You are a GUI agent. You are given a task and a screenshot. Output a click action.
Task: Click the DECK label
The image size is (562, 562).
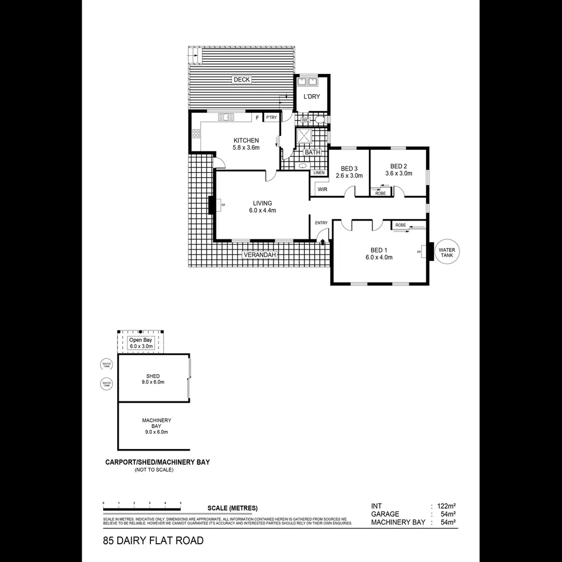coord(241,80)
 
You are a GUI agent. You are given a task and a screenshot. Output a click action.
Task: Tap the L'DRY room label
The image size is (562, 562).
coord(311,97)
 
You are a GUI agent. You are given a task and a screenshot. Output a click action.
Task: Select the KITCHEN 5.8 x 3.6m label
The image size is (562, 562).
coord(246,144)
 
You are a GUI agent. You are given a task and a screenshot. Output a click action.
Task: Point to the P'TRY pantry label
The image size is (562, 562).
coord(271,118)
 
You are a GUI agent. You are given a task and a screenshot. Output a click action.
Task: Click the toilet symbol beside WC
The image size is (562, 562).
coord(320,120)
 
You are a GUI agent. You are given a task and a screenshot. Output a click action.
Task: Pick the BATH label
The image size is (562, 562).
coord(312,152)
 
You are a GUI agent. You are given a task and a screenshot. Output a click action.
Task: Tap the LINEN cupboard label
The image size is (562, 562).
coord(318,173)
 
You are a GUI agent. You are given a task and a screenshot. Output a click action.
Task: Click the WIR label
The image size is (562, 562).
coord(322,190)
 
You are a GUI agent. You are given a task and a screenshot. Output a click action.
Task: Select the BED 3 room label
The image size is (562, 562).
coord(349,172)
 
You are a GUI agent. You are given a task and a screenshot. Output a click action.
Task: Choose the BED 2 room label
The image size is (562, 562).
coord(398,170)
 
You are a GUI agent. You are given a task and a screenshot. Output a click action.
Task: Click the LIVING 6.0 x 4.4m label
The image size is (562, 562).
coord(262,207)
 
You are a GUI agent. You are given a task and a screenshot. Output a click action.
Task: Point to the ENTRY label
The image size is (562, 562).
coord(321,223)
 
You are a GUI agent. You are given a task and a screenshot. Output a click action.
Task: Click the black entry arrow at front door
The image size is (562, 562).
coord(323,242)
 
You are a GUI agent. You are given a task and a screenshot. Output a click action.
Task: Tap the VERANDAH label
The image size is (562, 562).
coord(258,255)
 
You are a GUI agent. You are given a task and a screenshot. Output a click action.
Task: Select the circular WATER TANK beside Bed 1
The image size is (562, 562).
coord(446,253)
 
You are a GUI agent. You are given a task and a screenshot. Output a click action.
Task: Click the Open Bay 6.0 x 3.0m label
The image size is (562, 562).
coord(141,343)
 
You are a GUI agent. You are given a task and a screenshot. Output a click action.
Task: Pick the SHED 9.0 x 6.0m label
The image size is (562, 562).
coord(153,379)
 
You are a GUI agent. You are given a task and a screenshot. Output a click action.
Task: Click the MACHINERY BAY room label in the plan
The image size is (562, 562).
coord(157,426)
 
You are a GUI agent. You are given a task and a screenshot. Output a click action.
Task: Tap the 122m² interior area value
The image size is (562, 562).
coord(445,506)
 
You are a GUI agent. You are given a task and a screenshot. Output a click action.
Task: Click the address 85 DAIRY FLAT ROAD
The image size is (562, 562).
coord(154,541)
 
